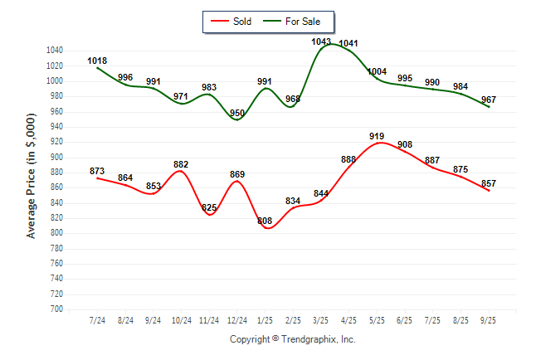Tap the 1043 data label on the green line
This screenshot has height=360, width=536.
point(321,41)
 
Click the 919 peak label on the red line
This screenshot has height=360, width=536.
point(378,135)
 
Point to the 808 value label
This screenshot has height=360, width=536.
point(265,221)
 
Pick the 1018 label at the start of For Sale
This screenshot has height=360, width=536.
point(97,61)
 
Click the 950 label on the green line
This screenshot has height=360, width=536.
point(237,113)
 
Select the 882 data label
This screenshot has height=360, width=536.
point(182,164)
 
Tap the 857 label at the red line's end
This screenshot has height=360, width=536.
point(489,182)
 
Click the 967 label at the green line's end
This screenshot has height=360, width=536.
point(489,100)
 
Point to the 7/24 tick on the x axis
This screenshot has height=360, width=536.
point(97,319)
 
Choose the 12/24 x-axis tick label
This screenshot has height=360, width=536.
point(237,319)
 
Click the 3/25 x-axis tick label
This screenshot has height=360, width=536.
point(321,319)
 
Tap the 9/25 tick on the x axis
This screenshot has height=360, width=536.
point(489,319)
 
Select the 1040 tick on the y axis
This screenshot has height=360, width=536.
point(55,51)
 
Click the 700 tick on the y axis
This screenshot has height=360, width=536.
point(57,309)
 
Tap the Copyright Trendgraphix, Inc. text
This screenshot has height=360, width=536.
point(292,339)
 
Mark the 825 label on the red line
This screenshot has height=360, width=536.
point(209,207)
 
